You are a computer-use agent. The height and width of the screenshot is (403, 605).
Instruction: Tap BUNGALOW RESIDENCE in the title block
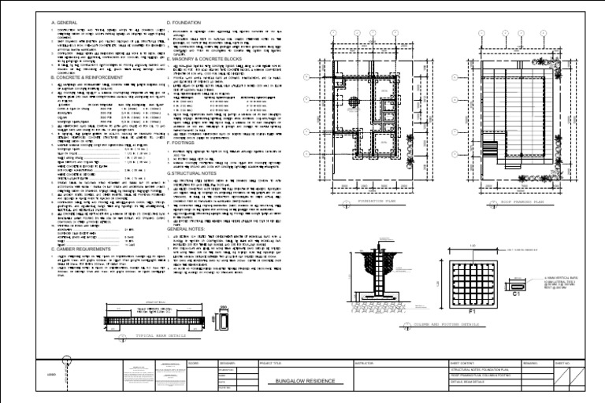click(303, 381)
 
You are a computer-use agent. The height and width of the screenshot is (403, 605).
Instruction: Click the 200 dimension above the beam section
click(223, 309)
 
